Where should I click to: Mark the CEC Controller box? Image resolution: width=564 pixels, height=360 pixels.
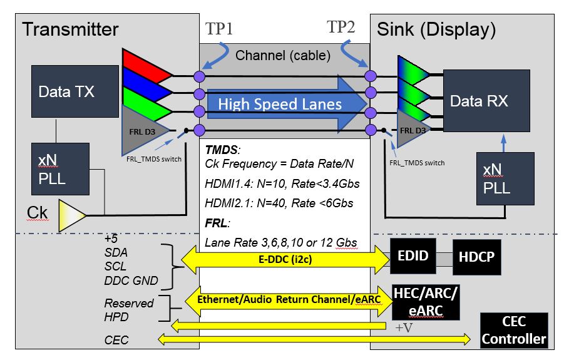(514, 331)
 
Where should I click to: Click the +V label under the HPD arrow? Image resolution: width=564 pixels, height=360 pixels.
(404, 327)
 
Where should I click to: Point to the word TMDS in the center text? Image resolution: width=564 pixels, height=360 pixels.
(222, 151)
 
